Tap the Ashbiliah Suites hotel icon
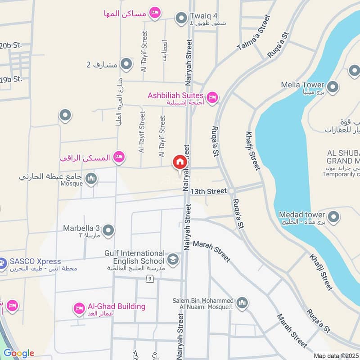point(212,96)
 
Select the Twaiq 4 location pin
point(181,18)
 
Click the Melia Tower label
point(302,85)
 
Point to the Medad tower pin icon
point(333,217)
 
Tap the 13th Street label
point(208,191)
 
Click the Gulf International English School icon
point(172,259)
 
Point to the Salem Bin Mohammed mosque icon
point(242,302)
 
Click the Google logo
point(18,353)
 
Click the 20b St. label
point(11,45)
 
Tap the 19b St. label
point(11,79)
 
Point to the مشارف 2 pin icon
point(126,64)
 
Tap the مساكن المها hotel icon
point(155,13)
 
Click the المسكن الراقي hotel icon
point(119,157)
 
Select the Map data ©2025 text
point(336,355)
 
